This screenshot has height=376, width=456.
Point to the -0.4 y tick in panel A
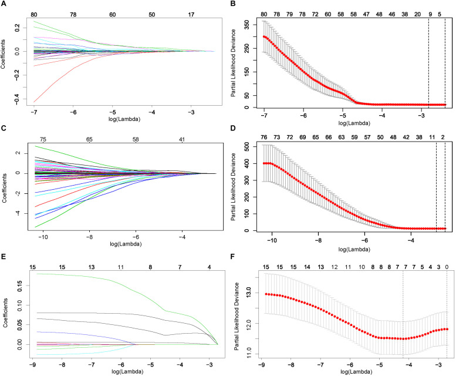tap(17, 102)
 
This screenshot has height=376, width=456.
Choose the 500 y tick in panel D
tap(249, 145)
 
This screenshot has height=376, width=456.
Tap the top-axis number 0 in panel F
tap(447, 266)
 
